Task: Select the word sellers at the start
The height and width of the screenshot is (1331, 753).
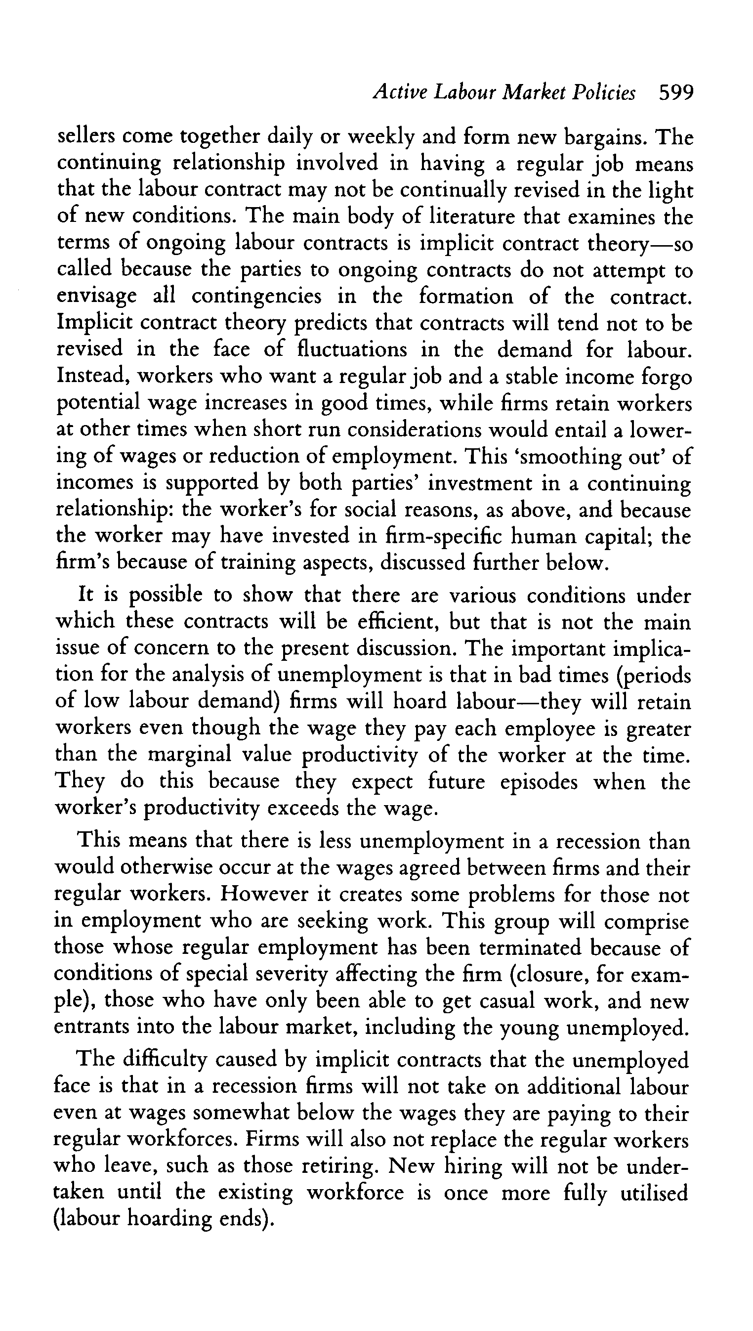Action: [x=85, y=137]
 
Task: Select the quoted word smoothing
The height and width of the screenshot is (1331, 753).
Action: [x=568, y=456]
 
